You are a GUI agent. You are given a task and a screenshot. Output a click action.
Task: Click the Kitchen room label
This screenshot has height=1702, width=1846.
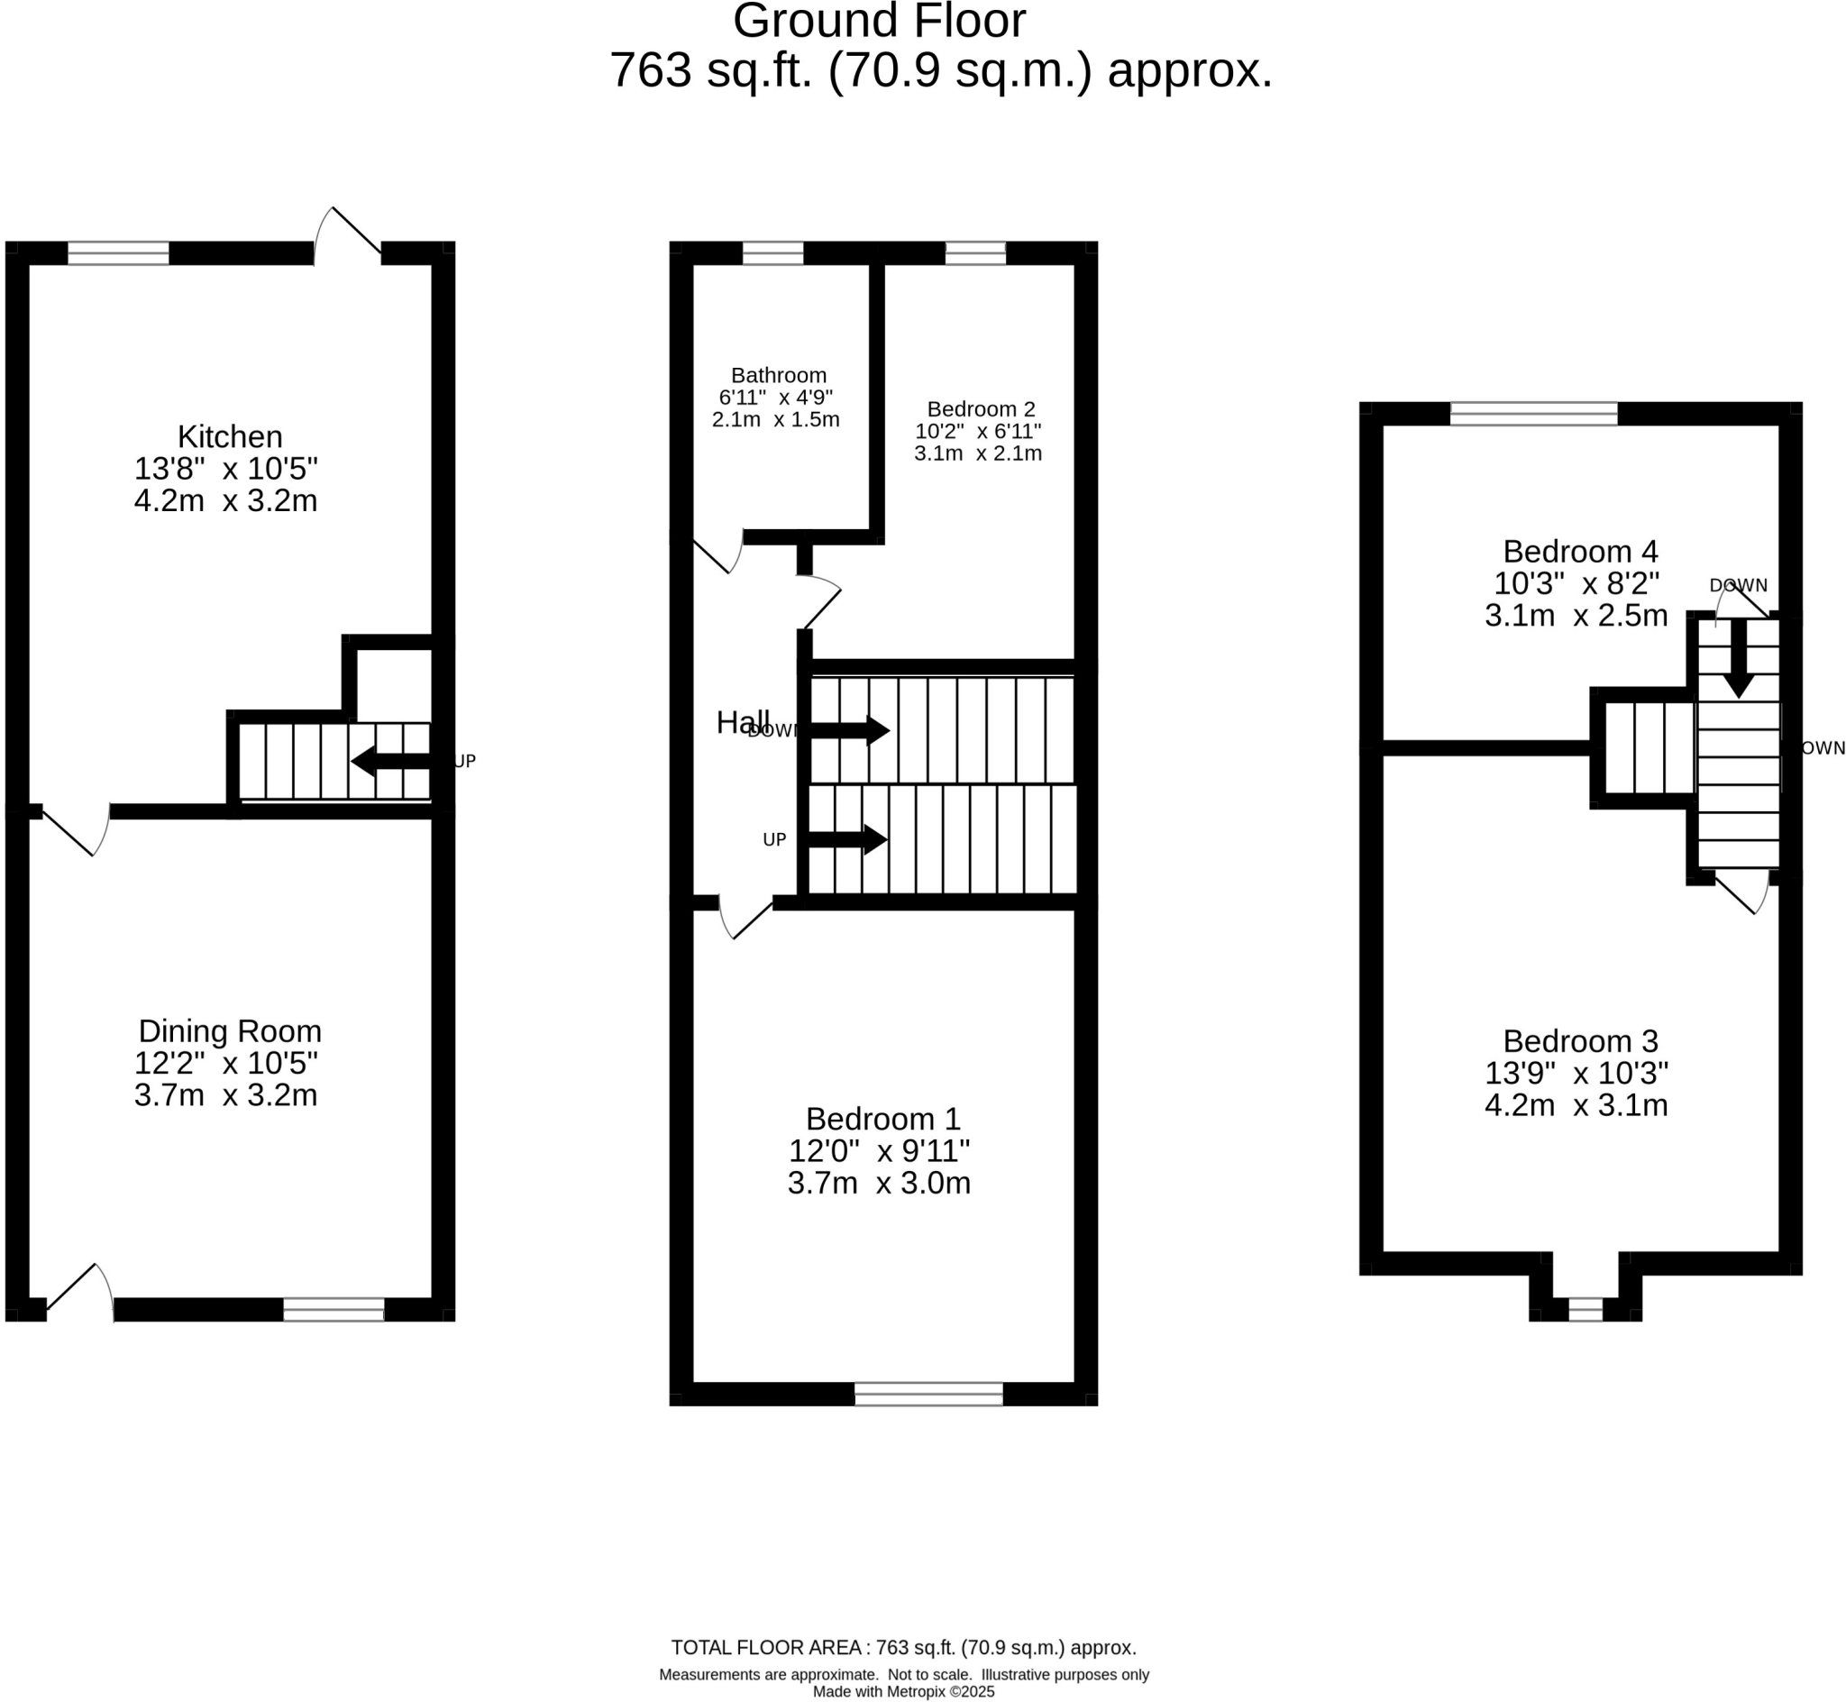(229, 435)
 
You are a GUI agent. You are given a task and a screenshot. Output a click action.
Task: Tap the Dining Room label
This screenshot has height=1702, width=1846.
(229, 1030)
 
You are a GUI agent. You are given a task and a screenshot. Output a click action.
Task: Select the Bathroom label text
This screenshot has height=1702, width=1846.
(778, 375)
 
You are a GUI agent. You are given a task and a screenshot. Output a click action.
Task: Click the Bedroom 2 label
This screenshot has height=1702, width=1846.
(981, 408)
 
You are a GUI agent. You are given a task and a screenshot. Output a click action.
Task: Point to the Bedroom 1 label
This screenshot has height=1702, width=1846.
(882, 1118)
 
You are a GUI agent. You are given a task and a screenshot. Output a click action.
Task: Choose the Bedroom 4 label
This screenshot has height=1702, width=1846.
(1579, 551)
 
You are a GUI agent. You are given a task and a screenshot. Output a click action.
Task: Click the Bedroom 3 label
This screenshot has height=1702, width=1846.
(1579, 1040)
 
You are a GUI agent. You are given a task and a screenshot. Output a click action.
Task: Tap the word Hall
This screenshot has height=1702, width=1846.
(741, 723)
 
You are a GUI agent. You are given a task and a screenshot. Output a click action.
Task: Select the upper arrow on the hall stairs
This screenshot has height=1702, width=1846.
(848, 730)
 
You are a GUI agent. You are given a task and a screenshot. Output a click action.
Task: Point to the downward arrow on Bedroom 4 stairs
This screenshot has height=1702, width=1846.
(1737, 658)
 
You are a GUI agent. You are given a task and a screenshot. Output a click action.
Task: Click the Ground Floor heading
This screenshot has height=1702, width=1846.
(878, 20)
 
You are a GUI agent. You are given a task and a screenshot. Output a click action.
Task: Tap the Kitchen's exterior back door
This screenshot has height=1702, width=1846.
(348, 233)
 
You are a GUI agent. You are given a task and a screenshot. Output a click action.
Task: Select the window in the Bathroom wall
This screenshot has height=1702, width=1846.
(772, 252)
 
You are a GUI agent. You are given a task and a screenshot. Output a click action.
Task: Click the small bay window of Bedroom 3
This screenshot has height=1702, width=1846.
(1585, 1309)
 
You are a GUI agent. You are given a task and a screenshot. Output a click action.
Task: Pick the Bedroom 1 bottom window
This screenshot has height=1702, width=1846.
(928, 1394)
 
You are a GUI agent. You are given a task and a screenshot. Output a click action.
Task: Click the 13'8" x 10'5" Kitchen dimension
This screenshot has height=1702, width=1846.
(225, 469)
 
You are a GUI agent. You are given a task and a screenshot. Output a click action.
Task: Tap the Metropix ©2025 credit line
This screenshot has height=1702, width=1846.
(903, 1692)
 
